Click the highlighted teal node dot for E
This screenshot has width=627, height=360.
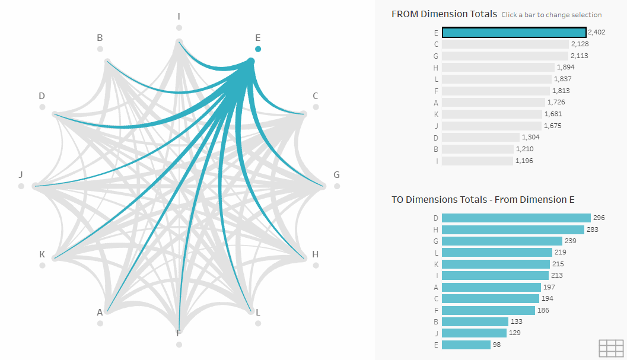click(258, 49)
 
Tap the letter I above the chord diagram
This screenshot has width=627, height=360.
click(179, 16)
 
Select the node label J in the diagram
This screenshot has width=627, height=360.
click(21, 174)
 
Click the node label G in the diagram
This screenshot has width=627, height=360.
click(336, 174)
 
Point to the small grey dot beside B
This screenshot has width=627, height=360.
click(100, 49)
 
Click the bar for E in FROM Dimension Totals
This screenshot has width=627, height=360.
click(514, 33)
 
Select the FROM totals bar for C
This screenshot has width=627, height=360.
click(505, 44)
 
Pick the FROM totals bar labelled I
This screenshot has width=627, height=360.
click(477, 161)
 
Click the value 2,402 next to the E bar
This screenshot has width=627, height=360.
click(596, 33)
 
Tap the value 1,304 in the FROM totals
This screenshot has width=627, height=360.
click(531, 137)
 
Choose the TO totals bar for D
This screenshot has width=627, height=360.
click(516, 218)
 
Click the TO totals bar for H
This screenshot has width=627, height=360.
click(513, 230)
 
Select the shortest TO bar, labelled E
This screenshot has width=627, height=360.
click(466, 345)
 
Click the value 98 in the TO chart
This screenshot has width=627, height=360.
click(497, 345)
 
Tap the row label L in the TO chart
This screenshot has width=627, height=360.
click(436, 253)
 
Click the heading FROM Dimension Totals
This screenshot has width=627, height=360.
click(444, 14)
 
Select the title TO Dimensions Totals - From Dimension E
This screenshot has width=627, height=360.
click(483, 200)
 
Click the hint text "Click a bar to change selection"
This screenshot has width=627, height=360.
click(551, 15)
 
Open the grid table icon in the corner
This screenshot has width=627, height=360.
click(611, 348)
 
